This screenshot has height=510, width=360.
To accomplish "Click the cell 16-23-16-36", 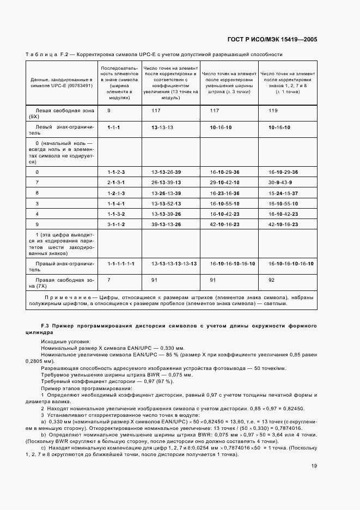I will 224,193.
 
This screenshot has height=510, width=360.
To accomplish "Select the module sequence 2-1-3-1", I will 116,182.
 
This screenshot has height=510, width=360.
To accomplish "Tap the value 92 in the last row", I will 272,280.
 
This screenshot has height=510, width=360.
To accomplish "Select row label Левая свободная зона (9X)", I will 60,113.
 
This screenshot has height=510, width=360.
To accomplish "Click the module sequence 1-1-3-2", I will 116,214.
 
